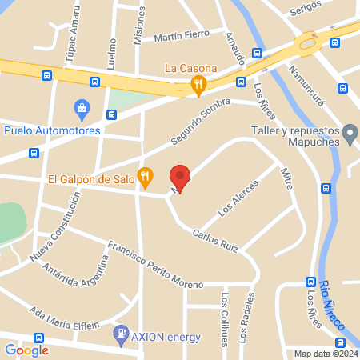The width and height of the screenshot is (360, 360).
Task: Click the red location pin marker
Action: [180, 178]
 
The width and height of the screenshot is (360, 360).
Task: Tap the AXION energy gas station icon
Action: [121, 333]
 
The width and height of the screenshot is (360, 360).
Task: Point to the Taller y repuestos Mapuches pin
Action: [349, 133]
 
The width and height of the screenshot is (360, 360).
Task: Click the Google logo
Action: [26, 350]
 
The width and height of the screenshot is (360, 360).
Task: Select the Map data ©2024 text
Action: [326, 354]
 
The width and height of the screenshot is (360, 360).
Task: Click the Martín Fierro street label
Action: [182, 35]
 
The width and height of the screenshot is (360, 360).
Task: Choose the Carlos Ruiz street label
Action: [215, 241]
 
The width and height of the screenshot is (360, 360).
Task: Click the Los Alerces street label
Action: [238, 199]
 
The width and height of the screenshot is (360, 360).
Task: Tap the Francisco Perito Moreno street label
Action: [156, 264]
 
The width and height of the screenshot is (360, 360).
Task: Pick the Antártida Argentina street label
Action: [77, 270]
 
